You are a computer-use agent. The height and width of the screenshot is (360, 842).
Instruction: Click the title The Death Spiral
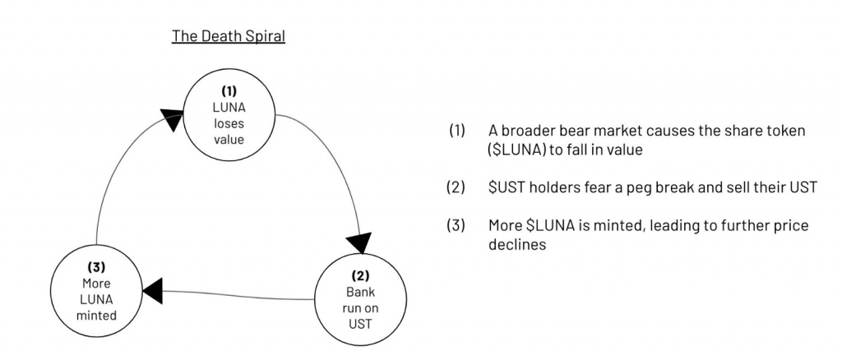pos(228,38)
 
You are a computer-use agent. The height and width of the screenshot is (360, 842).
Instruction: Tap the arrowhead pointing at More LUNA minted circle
pos(153,288)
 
